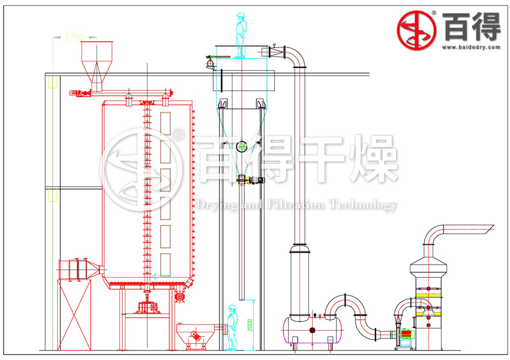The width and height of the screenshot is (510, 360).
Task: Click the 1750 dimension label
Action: coord(74,37)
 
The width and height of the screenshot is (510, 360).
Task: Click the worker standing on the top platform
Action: coord(241,35)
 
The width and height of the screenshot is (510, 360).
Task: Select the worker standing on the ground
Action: coord(230,327)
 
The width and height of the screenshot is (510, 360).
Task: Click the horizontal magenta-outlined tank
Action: coord(310,329)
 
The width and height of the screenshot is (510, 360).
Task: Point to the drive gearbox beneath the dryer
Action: coord(148,307)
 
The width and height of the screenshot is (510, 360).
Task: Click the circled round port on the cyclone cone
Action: coord(242,146)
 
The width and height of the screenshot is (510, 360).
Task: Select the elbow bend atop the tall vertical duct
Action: coord(295,57)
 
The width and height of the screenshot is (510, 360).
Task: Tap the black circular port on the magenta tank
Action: coord(313,330)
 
